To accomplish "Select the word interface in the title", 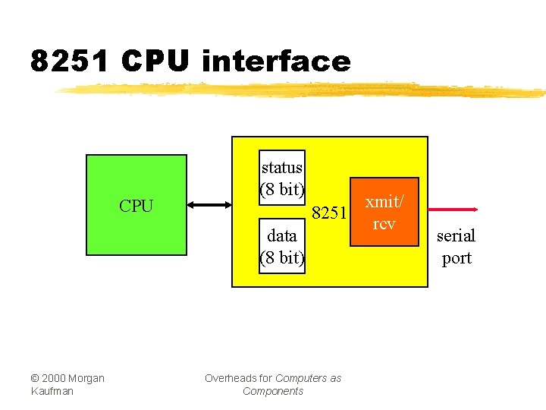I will tap(276, 61).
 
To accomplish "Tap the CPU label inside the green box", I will tap(136, 206).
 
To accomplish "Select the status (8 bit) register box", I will tap(282, 178).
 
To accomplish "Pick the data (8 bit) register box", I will tap(282, 247).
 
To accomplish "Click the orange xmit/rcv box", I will tap(384, 212).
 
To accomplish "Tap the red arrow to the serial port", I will tap(448, 209).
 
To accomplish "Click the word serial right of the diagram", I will tap(456, 235).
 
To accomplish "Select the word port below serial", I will tap(457, 258).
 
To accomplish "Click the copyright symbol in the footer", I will tap(35, 378).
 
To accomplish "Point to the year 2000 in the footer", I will tap(54, 378).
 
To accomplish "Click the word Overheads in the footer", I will tap(229, 378).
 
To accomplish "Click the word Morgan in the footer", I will tap(87, 378).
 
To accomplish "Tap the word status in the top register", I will tap(282, 167).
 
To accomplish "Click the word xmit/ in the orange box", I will tap(384, 202).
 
